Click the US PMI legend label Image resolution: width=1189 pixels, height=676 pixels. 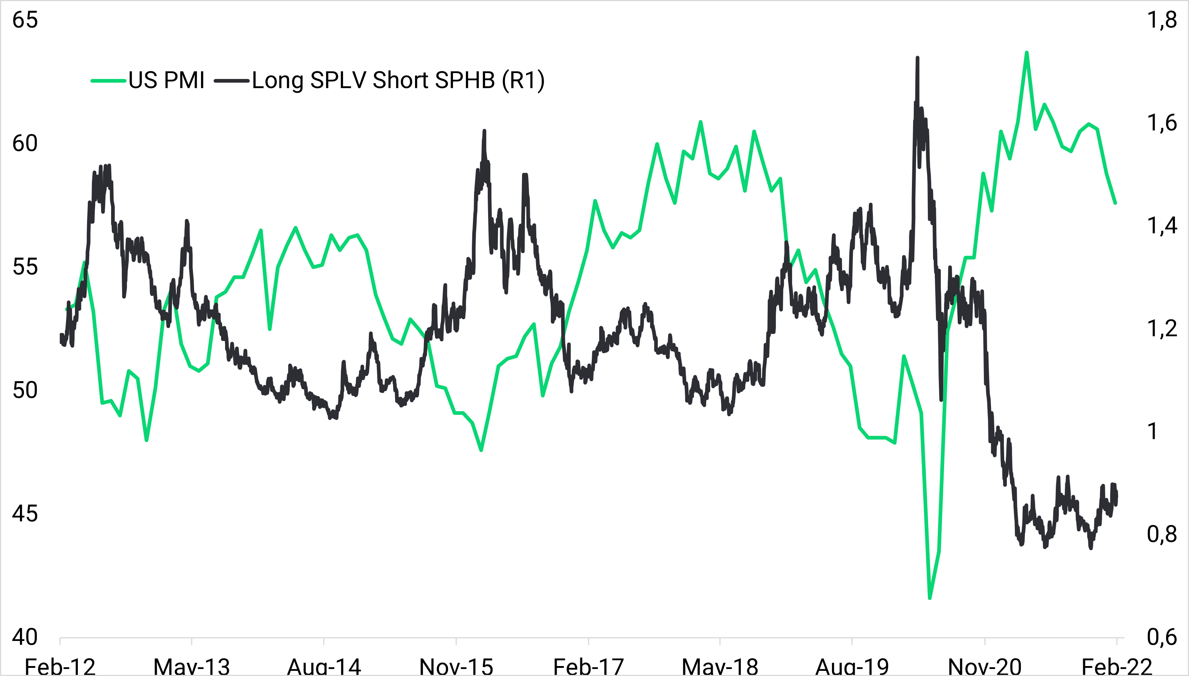[166, 80]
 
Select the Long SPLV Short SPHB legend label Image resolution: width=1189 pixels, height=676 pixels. [398, 80]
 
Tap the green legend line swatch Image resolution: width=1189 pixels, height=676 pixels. [108, 81]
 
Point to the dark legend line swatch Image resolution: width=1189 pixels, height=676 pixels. [232, 81]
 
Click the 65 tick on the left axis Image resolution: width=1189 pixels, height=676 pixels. [25, 20]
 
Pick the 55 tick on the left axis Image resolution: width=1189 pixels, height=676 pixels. [25, 267]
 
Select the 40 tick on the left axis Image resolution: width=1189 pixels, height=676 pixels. [25, 637]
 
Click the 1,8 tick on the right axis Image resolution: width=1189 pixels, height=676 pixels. [1162, 20]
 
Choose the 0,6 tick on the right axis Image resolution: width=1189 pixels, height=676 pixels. [1162, 637]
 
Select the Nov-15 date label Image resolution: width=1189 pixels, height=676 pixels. [456, 667]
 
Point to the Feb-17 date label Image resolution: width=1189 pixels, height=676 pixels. [588, 667]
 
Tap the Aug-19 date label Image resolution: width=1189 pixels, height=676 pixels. [852, 667]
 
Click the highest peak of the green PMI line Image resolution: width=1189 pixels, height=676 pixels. [1027, 52]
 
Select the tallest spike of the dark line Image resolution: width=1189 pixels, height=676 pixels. [917, 58]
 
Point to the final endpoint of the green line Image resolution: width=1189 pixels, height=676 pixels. [1115, 203]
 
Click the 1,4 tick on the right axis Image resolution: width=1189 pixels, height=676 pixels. [1162, 226]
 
